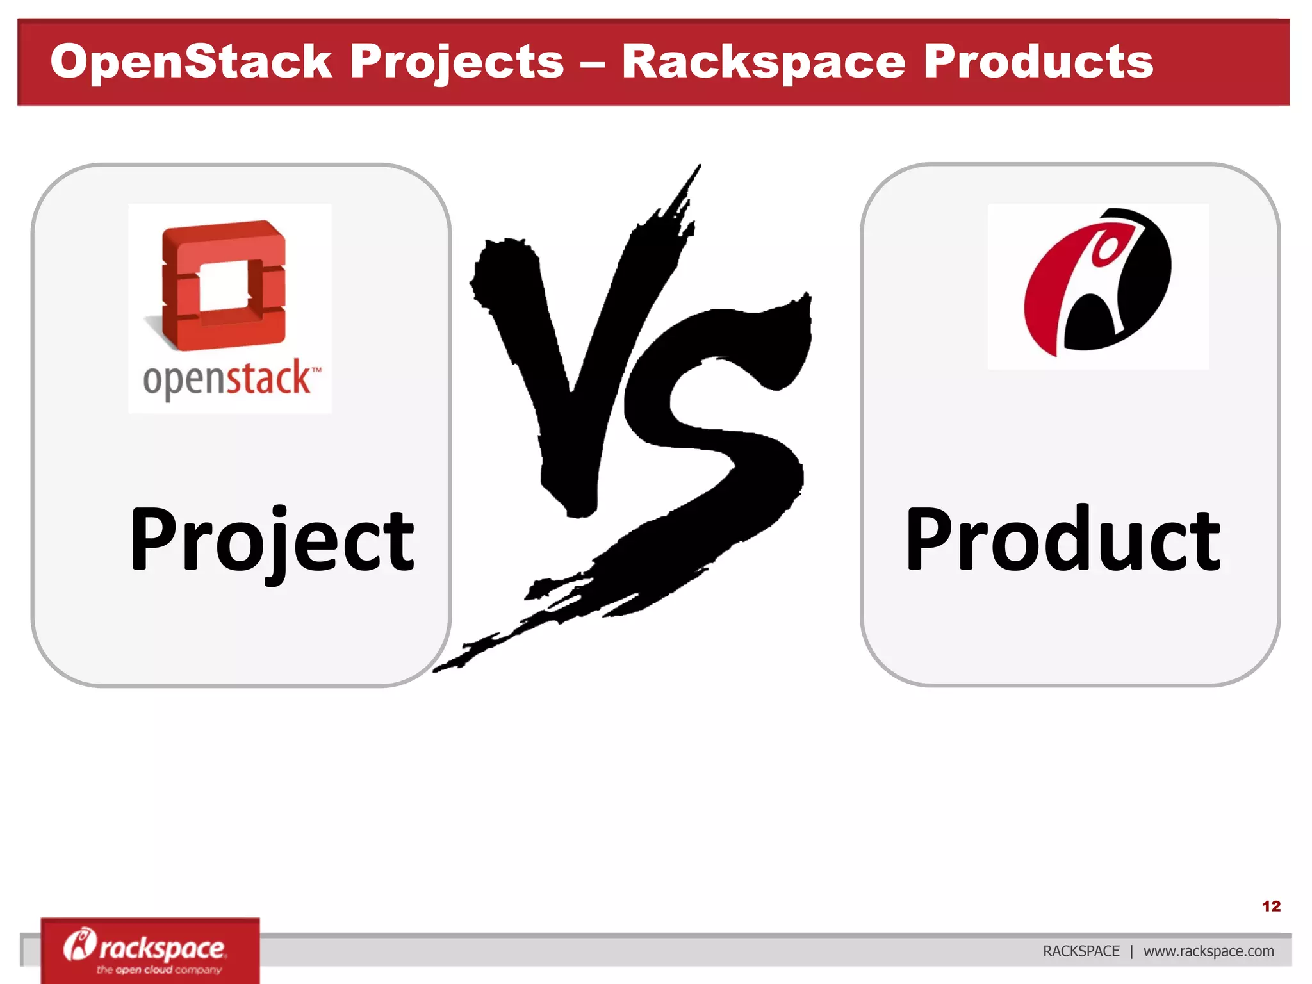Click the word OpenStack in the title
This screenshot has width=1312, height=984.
click(191, 62)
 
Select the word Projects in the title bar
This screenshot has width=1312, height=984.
click(457, 62)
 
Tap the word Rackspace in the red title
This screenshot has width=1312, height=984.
click(764, 62)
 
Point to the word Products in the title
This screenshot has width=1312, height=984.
click(1038, 62)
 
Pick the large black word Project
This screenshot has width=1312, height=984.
click(272, 539)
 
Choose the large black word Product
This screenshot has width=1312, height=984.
click(1063, 539)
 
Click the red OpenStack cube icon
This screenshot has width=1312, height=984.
click(223, 284)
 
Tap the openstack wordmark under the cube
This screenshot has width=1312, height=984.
click(226, 379)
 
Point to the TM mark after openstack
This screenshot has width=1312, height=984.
click(316, 370)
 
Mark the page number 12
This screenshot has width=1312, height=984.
click(1271, 906)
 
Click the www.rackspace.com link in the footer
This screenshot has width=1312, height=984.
click(1208, 951)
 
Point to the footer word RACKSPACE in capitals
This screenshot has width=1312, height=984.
click(1081, 951)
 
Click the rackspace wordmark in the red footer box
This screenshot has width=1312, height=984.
click(162, 947)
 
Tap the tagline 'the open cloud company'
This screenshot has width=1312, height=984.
click(159, 970)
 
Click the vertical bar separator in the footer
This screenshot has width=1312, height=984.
click(1131, 951)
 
